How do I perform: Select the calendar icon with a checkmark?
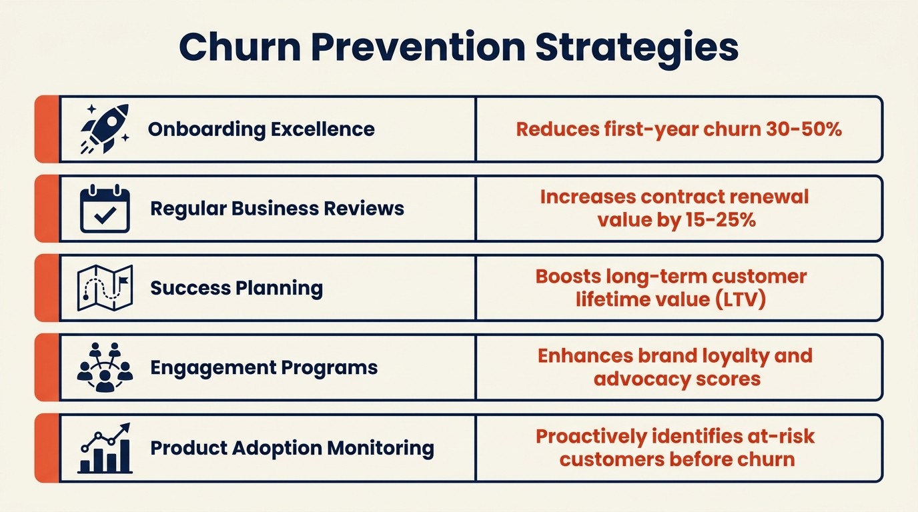coord(105,208)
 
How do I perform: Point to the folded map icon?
coord(105,288)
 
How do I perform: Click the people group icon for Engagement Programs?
coord(105,367)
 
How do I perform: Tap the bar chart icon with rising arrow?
coord(105,448)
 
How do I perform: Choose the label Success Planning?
coord(236,288)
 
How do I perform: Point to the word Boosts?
coord(567,276)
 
